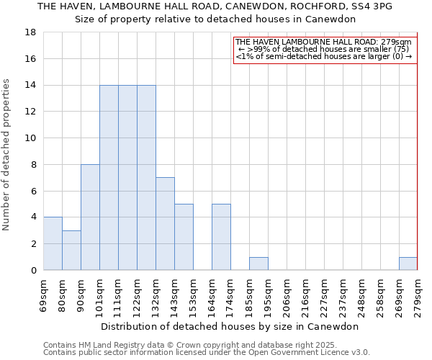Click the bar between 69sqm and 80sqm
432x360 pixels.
pyautogui.click(x=53, y=243)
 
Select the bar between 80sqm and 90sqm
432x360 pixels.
pyautogui.click(x=71, y=250)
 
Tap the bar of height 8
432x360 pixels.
pyautogui.click(x=90, y=217)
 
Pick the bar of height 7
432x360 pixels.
pyautogui.click(x=165, y=223)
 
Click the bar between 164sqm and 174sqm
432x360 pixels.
pyautogui.click(x=221, y=237)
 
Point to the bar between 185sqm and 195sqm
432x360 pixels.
pyautogui.click(x=258, y=264)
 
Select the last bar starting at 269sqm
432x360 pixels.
pyautogui.click(x=408, y=264)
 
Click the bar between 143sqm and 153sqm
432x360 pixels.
pyautogui.click(x=184, y=237)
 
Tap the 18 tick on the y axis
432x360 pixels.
pyautogui.click(x=30, y=32)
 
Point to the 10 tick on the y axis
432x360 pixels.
pyautogui.click(x=30, y=138)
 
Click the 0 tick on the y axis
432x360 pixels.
pyautogui.click(x=33, y=270)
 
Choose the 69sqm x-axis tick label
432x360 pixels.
pyautogui.click(x=44, y=296)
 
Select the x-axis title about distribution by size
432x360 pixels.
pyautogui.click(x=230, y=326)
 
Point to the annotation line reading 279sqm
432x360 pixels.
pyautogui.click(x=323, y=42)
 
